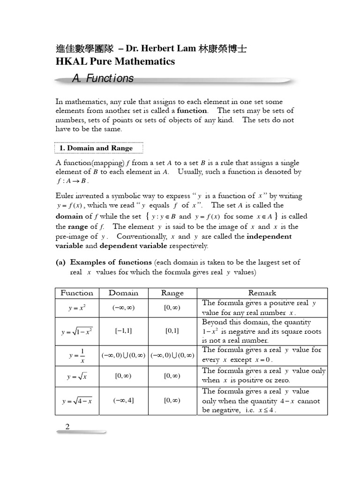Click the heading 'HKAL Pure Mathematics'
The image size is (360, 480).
click(x=115, y=61)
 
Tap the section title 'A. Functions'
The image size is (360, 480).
click(x=103, y=79)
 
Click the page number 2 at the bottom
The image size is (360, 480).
click(x=67, y=427)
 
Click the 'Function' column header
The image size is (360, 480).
click(x=77, y=293)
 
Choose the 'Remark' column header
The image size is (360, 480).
click(x=262, y=293)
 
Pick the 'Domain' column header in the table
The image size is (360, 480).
click(x=123, y=293)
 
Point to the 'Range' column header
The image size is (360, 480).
click(x=172, y=293)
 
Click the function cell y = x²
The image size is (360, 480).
click(x=76, y=308)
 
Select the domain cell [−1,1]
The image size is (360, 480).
click(x=123, y=331)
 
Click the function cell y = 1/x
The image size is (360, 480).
click(x=76, y=356)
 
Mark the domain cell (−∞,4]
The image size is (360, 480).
click(x=123, y=400)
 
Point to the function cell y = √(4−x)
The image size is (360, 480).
click(x=76, y=401)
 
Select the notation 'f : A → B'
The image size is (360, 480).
click(x=72, y=181)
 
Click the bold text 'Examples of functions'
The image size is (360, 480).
click(x=111, y=262)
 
